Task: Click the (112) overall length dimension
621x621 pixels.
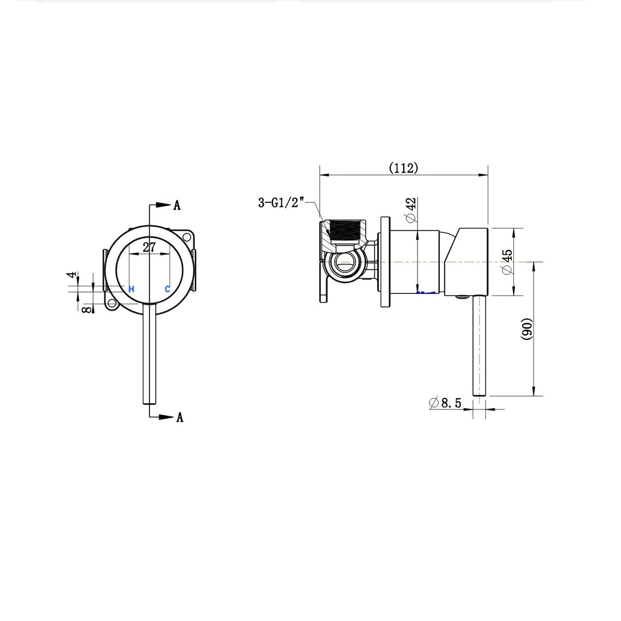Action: click(404, 168)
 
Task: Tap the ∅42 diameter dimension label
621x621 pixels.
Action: click(411, 211)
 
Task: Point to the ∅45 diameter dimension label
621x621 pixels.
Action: click(506, 262)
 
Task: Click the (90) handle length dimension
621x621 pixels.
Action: click(526, 329)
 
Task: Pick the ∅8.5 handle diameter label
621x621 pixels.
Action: click(445, 403)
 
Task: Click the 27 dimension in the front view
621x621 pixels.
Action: click(149, 247)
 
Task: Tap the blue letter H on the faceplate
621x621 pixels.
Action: click(131, 289)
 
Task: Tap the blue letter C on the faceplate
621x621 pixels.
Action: click(167, 289)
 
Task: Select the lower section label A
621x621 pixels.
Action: click(179, 418)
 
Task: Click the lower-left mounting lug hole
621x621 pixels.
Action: click(112, 304)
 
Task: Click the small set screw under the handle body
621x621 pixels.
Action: click(461, 297)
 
